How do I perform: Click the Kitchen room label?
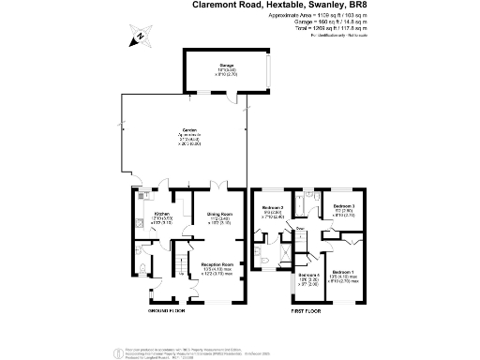click(161, 213)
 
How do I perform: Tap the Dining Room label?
click(221, 213)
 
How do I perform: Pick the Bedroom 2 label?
click(273, 207)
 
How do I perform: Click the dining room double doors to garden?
click(217, 185)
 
